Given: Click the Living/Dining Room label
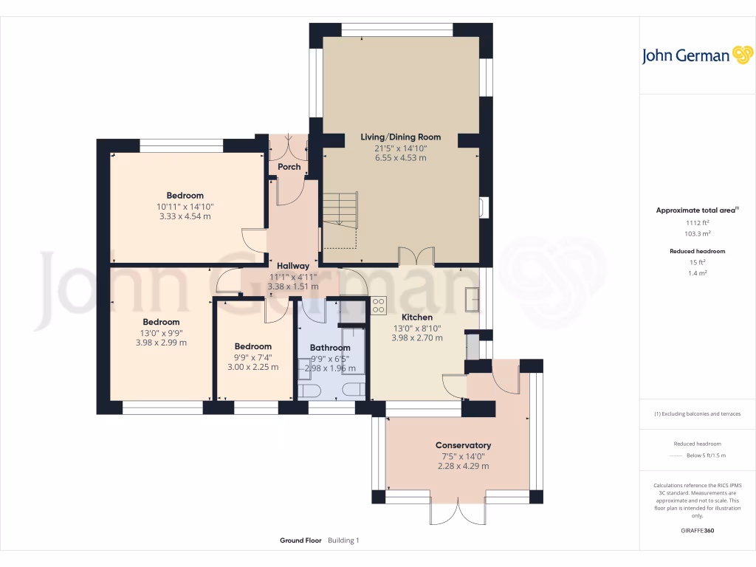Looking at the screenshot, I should [400, 137].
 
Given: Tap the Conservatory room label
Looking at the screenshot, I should [463, 445].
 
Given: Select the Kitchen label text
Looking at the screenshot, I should [417, 317].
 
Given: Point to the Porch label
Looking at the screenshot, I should [289, 167].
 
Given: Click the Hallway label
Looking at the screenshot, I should [293, 266].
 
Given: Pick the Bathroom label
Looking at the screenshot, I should [330, 347].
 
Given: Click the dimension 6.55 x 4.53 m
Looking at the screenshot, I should [400, 158].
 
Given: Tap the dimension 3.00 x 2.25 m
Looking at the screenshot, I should [253, 367].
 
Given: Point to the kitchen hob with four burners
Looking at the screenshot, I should [379, 303].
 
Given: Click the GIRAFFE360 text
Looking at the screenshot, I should [697, 530].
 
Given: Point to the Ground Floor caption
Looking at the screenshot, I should [300, 540].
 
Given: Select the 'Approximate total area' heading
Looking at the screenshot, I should [695, 210].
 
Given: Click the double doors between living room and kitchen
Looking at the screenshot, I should [416, 256].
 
